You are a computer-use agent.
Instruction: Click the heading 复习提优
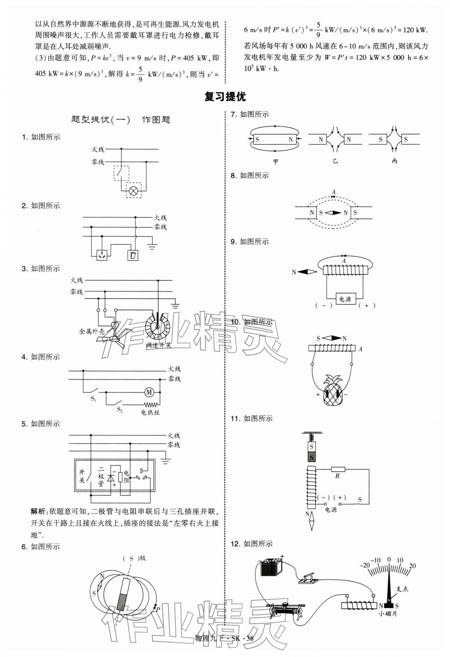point(225,97)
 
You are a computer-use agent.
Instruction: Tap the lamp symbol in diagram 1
point(134,191)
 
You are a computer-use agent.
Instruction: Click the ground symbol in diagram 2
point(152,246)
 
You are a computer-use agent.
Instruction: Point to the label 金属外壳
point(92,331)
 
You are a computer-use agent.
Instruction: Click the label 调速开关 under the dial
point(159,345)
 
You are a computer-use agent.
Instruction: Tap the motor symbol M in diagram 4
point(149,392)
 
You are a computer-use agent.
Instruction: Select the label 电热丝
point(150,412)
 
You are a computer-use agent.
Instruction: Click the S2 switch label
point(120,410)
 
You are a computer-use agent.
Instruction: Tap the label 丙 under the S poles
point(395,161)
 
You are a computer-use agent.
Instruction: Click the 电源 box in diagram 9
point(345,299)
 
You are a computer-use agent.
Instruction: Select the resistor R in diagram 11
point(338,469)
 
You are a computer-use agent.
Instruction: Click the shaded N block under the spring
point(311,457)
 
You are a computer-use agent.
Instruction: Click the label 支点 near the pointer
point(402,589)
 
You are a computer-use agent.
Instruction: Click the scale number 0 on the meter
point(389,560)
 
